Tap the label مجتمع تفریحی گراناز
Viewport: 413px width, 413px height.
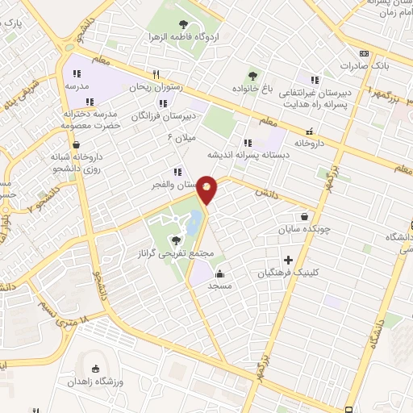[x=176, y=253]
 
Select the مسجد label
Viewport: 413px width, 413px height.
[x=220, y=286]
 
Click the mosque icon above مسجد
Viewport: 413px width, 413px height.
[x=220, y=273]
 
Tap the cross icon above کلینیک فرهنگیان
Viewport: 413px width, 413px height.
[x=288, y=260]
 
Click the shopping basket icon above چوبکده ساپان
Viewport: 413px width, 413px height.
[x=303, y=216]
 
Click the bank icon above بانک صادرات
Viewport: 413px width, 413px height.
[x=364, y=52]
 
